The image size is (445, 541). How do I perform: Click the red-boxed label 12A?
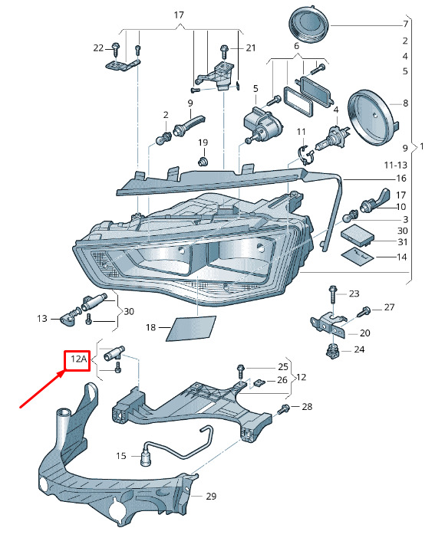pos(77,359)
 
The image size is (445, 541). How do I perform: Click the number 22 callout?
pos(98,48)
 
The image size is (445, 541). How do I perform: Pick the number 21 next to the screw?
pos(250,48)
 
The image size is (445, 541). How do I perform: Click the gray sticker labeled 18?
pos(188,327)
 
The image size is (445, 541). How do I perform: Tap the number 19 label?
pos(203,143)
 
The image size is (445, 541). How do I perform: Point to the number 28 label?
pos(307,407)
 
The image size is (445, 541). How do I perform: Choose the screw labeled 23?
pos(332,295)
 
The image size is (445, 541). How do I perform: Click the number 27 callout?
pos(389,307)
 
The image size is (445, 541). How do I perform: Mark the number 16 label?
pos(400,178)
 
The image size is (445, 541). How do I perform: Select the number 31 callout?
pos(403,242)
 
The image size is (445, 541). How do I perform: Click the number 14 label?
pos(403,257)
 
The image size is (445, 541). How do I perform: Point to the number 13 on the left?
pos(42,318)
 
